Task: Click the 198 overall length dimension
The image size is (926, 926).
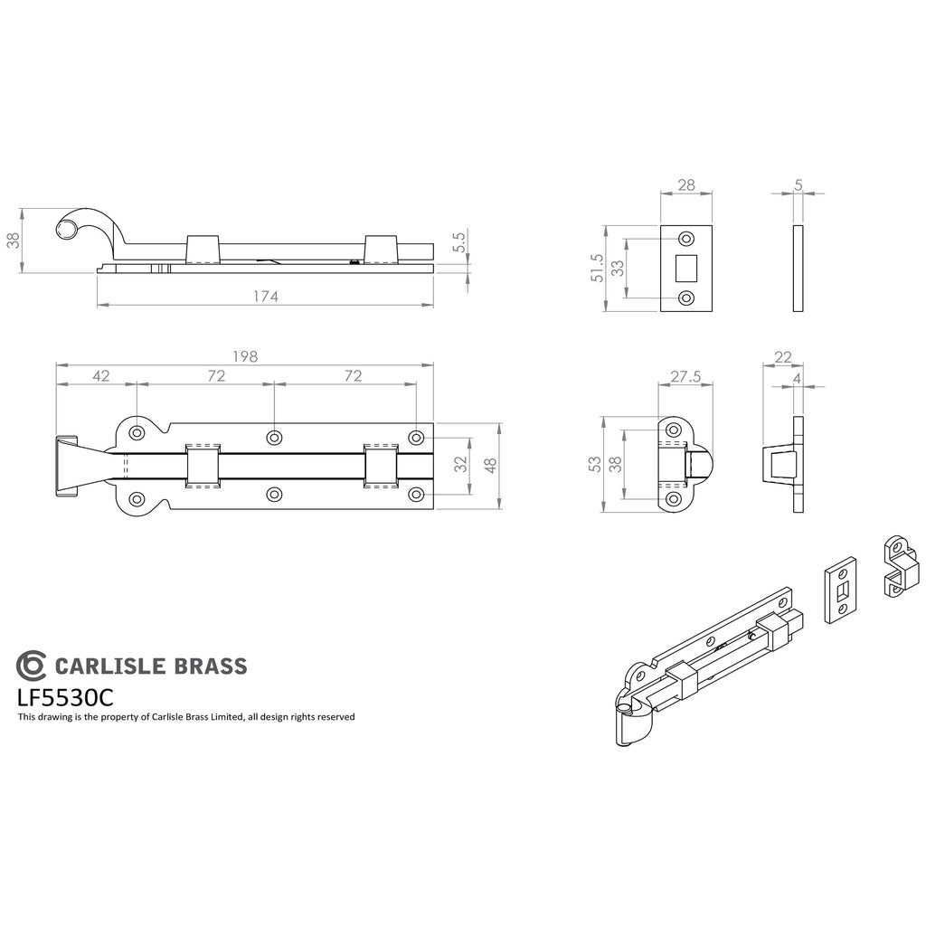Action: point(245,356)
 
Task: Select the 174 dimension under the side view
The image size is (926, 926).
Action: point(266,297)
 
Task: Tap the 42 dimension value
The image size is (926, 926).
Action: point(101,376)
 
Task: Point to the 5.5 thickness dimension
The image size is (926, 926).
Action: point(460,242)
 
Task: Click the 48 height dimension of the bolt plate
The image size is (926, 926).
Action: point(490,466)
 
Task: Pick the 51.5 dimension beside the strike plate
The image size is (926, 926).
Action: point(597,268)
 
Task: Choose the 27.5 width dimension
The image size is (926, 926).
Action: point(685,377)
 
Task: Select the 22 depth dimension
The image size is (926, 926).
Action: point(783,357)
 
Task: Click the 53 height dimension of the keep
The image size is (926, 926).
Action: point(595,464)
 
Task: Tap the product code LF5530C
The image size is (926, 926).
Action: point(65,698)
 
